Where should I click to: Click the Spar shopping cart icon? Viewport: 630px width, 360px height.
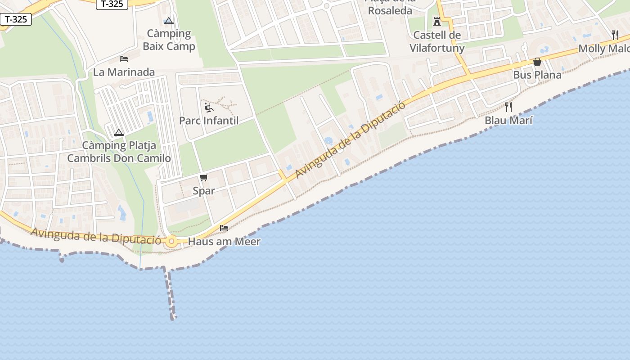point(204,177)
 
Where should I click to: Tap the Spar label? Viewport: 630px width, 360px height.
point(204,190)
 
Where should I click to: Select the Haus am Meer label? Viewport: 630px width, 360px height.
point(224,242)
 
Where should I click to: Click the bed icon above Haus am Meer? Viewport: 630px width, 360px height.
point(224,228)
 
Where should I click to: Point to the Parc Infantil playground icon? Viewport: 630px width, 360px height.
point(209,107)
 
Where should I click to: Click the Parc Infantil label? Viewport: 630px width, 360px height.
point(209,121)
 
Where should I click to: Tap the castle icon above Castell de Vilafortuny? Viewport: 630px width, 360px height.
point(437,21)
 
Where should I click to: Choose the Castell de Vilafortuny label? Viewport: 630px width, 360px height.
point(437,41)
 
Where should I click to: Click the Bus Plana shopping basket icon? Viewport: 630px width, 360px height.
point(537,62)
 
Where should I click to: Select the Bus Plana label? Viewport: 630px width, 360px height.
point(537,75)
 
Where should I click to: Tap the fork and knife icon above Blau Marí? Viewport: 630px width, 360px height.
point(508,107)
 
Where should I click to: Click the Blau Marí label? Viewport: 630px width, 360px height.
point(508,121)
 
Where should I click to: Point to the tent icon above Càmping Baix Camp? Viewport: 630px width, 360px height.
point(169,21)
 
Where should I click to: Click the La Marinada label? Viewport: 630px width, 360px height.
point(124,72)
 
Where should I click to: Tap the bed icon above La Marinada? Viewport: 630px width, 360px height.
point(124,59)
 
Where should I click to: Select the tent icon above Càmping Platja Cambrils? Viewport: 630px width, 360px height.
point(119,132)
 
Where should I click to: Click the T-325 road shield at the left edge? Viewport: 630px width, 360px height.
point(16,19)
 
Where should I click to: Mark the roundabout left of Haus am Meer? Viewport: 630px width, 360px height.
point(171,242)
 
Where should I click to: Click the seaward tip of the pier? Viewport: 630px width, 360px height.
point(173,318)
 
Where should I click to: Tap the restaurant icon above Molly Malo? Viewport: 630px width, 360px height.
point(615,35)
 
